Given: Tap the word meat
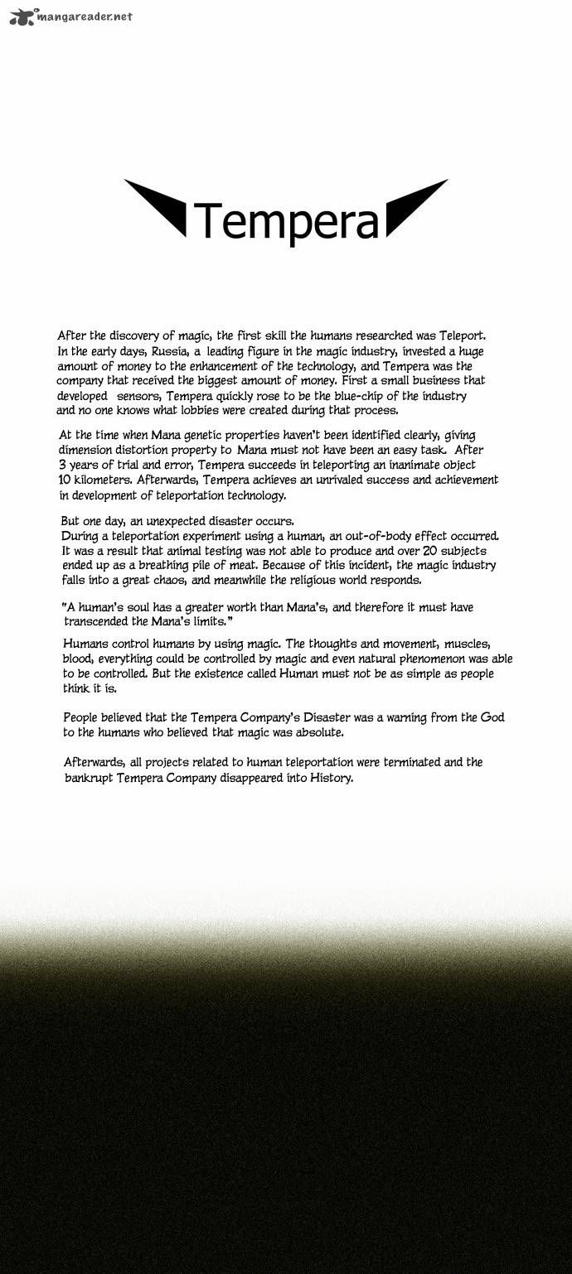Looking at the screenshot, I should [x=235, y=566].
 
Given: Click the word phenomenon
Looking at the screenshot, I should [x=432, y=659].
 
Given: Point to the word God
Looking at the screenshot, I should [x=492, y=717].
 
